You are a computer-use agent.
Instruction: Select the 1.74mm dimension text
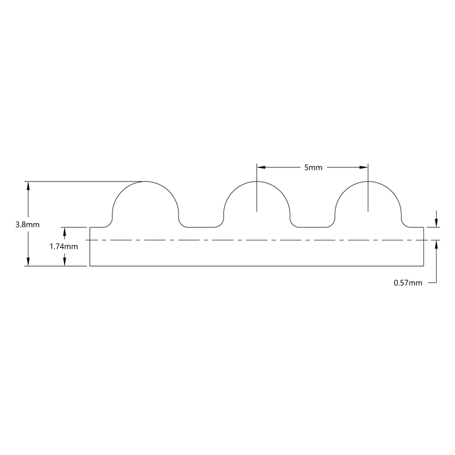pos(64,246)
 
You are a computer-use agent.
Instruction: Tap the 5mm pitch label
pos(313,167)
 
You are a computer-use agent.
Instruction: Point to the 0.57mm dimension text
pos(408,283)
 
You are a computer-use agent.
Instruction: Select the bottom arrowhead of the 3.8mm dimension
pos(28,262)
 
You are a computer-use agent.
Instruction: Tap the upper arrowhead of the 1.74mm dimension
pos(65,231)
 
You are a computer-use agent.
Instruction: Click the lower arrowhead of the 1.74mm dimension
pos(65,262)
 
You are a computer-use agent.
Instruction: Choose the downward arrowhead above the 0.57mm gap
pos(436,223)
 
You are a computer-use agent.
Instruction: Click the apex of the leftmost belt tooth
pos(145,182)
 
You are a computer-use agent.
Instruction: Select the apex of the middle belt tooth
pos(257,182)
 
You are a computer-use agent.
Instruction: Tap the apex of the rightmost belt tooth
pos(368,182)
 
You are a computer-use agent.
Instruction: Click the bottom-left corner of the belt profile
pos(90,266)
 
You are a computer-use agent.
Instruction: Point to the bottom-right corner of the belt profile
pos(424,266)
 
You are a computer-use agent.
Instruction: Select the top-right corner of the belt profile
pos(424,227)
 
